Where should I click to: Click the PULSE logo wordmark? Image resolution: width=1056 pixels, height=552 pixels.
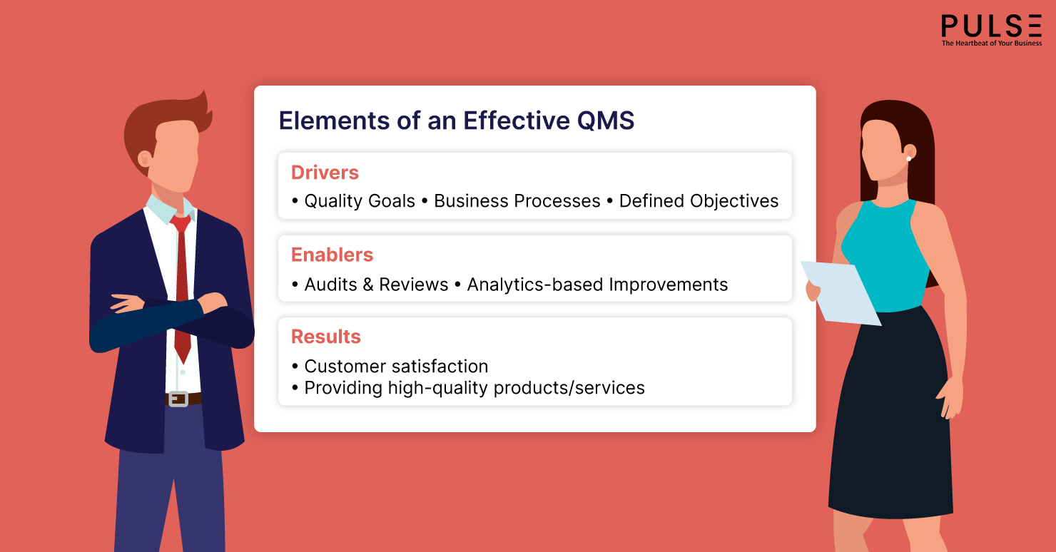pos(991,26)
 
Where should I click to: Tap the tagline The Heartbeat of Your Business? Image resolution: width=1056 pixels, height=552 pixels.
pos(991,44)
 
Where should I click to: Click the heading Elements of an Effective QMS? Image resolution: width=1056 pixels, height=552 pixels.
pos(456,121)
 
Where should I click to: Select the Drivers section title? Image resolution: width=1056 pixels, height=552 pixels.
pos(325,173)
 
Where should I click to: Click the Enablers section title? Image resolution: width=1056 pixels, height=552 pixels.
pos(332,255)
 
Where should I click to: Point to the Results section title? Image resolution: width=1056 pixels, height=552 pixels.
pos(325,337)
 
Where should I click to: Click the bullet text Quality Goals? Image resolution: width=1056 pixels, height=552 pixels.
pos(359,201)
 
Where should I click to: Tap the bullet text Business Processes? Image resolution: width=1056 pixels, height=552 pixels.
pos(517,201)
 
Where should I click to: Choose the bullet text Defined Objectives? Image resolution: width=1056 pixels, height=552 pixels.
pos(699,201)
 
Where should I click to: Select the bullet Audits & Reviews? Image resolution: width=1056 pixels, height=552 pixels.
pos(376,285)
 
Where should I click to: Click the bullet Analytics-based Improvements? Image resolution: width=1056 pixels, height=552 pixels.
pos(597,285)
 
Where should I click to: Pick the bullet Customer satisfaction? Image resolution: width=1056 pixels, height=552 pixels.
pos(396,367)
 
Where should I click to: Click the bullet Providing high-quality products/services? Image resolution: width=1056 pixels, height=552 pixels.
pos(474,388)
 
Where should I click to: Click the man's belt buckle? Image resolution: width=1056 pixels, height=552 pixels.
pos(178,399)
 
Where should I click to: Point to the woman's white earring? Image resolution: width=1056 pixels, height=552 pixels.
pos(909,158)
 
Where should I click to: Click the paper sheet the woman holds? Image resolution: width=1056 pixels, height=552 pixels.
pos(842,291)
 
